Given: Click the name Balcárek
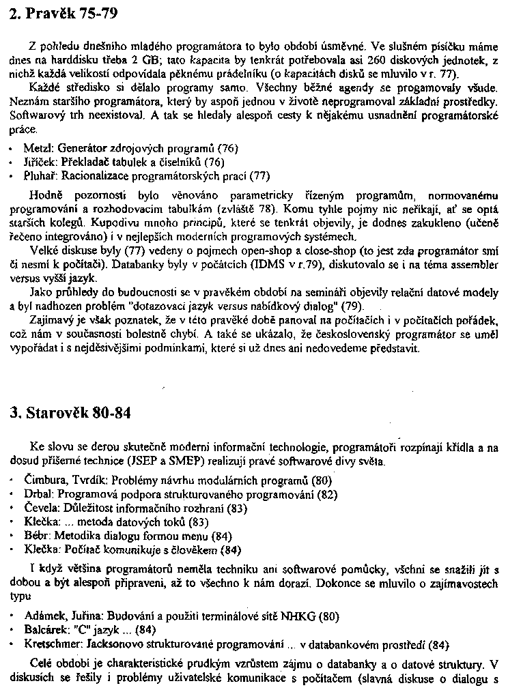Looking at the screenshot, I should (45, 629).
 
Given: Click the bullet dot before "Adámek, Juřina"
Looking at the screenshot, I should (13, 615).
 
